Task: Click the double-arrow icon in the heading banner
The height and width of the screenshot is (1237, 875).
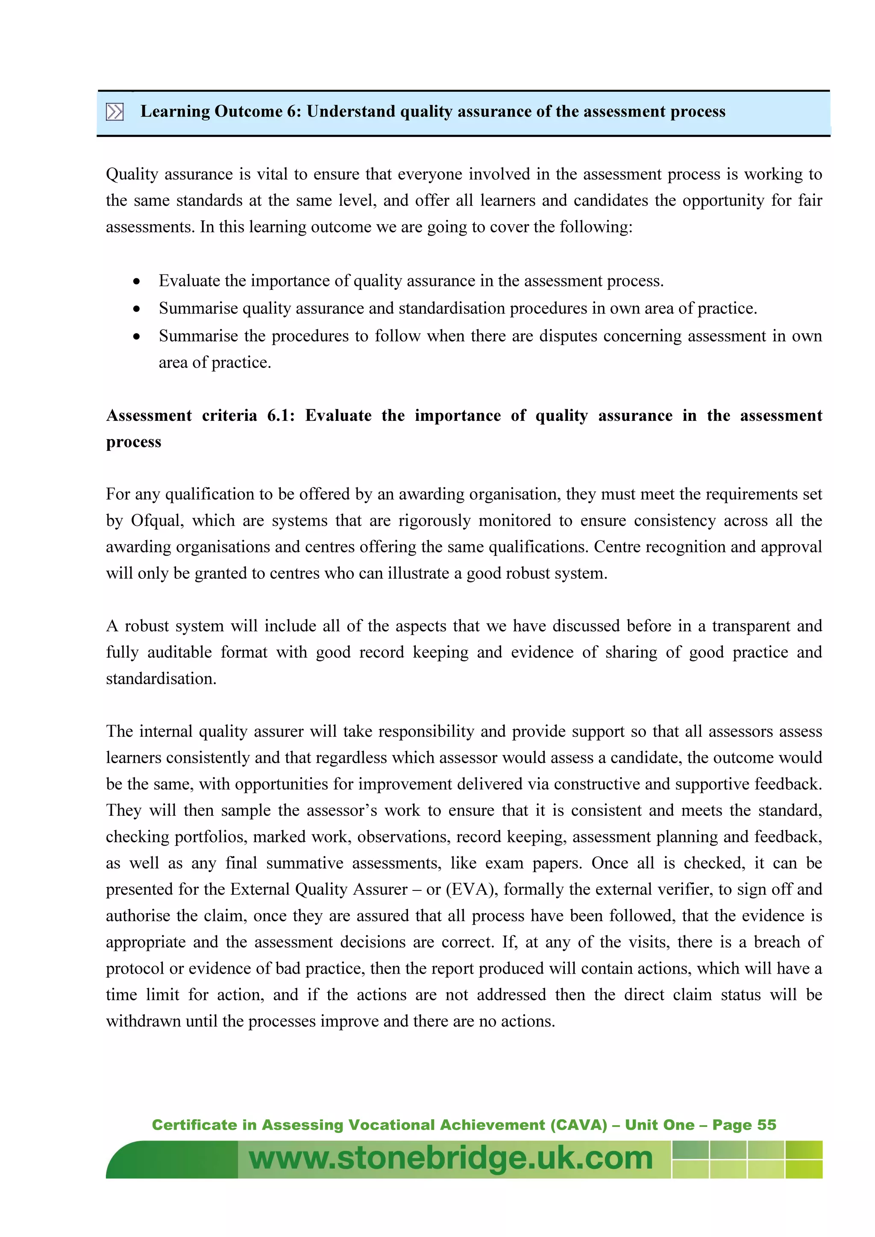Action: click(115, 112)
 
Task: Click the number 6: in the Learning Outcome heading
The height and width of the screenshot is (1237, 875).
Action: click(294, 111)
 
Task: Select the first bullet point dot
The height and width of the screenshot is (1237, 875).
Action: click(137, 282)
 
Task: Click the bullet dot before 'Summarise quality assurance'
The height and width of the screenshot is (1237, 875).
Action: click(137, 309)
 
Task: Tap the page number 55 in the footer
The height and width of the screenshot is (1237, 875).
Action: click(766, 1125)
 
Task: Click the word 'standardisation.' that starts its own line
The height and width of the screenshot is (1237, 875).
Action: click(161, 679)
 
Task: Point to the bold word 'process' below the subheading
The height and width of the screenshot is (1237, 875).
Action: click(134, 442)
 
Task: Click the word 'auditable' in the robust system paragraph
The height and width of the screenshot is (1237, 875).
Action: click(179, 653)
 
